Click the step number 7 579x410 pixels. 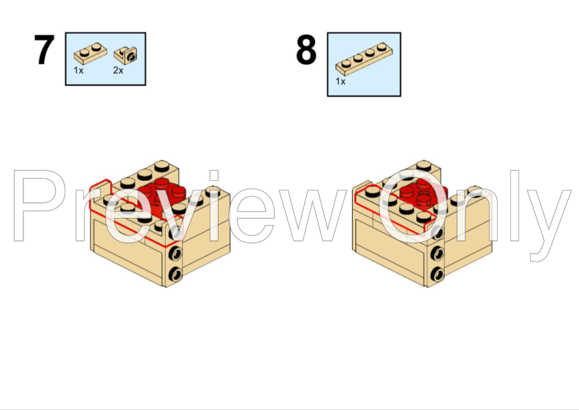point(44,50)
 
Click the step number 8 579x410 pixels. point(306,50)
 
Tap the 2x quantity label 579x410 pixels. point(118,70)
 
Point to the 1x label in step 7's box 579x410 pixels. point(78,70)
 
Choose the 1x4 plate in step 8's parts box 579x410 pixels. point(360,60)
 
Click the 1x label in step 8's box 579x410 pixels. point(340,80)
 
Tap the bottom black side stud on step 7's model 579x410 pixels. point(176,274)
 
